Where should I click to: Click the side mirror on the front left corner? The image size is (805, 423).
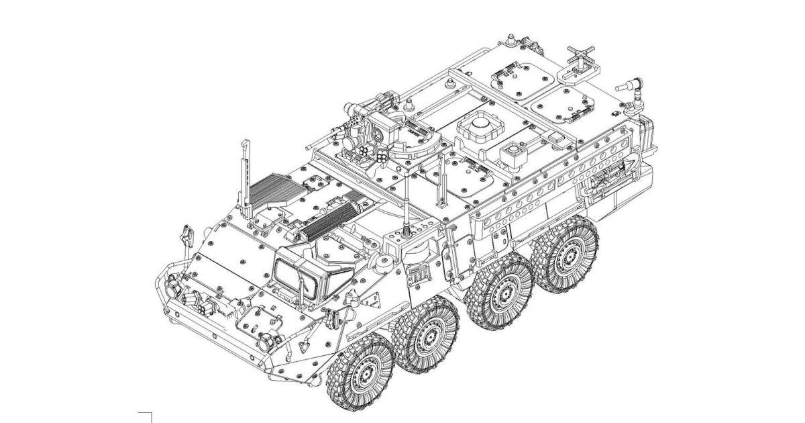[183, 236]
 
